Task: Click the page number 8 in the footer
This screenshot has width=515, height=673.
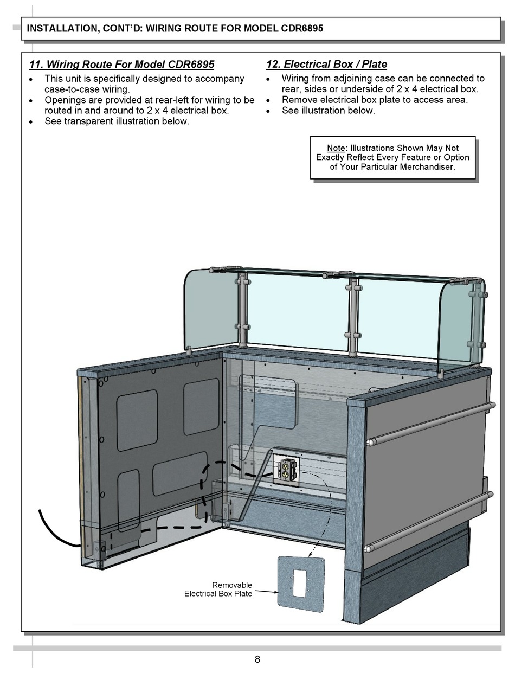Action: pos(257,659)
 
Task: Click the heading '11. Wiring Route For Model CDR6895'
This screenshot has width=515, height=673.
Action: pos(121,65)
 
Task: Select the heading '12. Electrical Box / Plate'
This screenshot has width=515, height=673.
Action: pos(326,65)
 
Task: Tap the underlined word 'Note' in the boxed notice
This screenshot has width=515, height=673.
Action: pos(336,148)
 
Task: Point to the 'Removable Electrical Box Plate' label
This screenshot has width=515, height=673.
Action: pos(218,589)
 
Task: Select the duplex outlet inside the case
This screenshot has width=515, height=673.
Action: pos(287,469)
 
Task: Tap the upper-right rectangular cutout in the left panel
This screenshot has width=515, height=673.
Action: pos(201,406)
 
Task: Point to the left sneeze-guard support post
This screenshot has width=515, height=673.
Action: pos(242,312)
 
